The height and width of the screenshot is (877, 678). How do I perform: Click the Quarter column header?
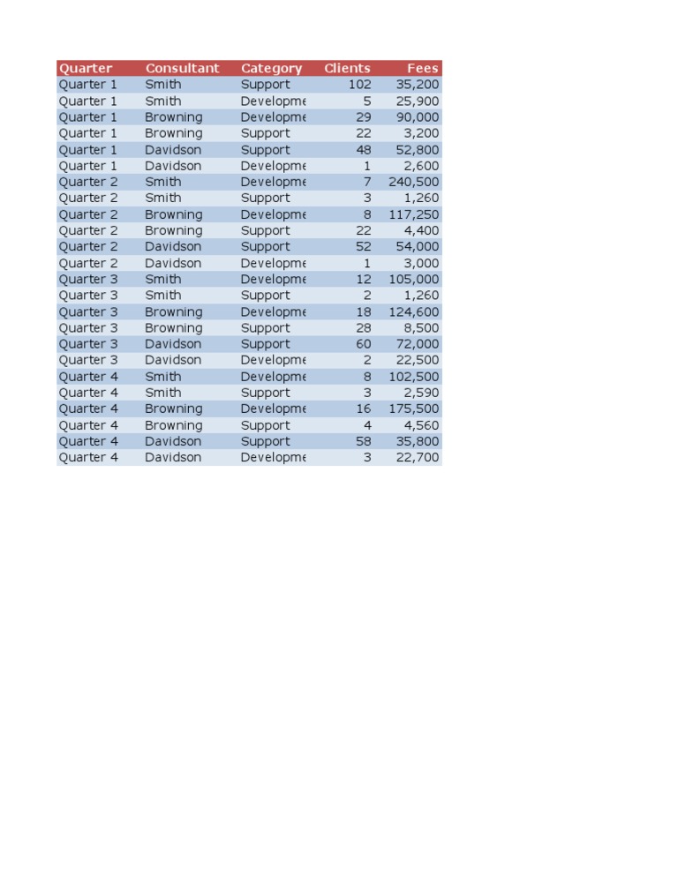pos(86,68)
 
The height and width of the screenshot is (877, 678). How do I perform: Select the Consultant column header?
pos(182,68)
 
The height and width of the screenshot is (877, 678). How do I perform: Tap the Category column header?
pos(271,68)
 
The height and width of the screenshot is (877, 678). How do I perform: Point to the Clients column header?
pos(347,68)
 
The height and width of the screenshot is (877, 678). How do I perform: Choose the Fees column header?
pos(422,68)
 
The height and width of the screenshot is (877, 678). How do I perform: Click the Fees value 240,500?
pos(413,182)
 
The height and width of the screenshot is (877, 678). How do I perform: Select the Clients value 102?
pos(359,85)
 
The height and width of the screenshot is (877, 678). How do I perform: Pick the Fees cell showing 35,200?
pos(418,85)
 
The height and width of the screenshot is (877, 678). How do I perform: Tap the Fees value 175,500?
pos(413,409)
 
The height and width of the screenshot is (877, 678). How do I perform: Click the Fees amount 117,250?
pos(413,214)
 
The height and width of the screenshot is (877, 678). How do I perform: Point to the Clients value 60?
pos(364,344)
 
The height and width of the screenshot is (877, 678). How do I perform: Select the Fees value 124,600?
pos(413,311)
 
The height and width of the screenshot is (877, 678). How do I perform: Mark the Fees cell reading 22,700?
pos(418,457)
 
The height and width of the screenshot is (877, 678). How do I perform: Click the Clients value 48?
pos(364,149)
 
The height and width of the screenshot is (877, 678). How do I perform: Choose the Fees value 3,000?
pos(421,263)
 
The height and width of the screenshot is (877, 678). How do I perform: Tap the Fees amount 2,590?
pos(421,393)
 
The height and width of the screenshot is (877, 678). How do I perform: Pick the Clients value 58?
pos(364,441)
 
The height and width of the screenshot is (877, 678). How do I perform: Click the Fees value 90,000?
pos(418,116)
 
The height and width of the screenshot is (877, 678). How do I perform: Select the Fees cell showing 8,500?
pos(421,327)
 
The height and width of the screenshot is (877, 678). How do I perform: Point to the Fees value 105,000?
pos(413,279)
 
